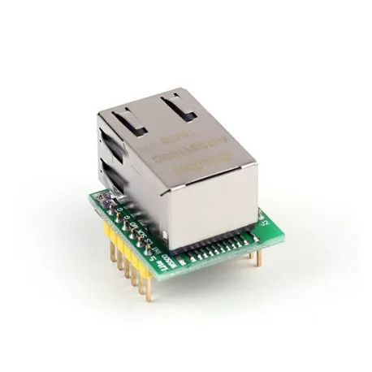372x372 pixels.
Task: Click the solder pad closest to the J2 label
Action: (x=253, y=236)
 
